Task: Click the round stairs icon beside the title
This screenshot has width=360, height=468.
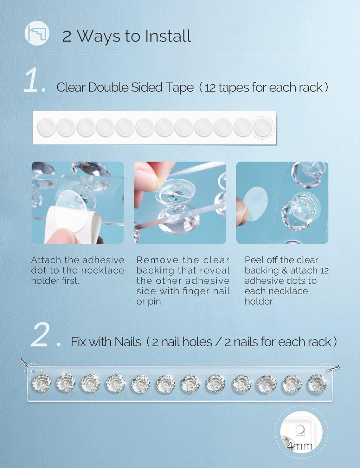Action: point(37,33)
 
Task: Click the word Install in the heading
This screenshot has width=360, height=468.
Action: point(168,36)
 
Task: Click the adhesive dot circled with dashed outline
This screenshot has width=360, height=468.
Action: point(263,128)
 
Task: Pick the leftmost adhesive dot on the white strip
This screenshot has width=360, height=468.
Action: point(46,128)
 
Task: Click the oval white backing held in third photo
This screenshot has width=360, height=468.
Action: point(255,204)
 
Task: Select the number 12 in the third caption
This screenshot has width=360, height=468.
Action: point(324,270)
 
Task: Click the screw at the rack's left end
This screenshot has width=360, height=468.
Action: point(24,363)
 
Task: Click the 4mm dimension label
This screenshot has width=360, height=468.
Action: point(300,445)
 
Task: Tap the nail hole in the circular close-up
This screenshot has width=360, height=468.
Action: point(300,429)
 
